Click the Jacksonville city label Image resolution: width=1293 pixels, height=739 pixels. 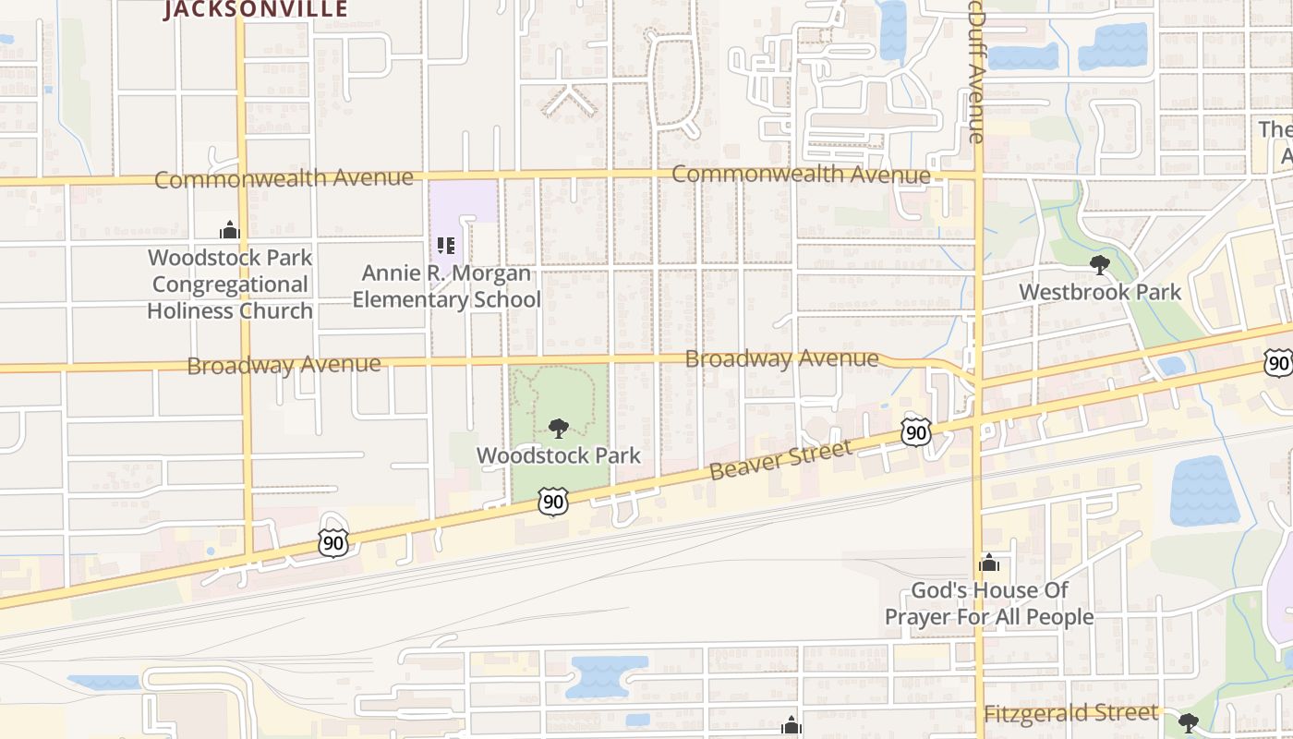coord(256,9)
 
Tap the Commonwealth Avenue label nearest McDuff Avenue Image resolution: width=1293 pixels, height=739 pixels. coord(801,174)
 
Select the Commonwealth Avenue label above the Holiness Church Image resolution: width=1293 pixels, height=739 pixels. coord(284,178)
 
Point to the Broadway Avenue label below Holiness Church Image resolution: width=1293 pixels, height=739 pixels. coord(284,365)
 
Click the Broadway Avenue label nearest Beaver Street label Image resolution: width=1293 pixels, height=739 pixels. coord(781,358)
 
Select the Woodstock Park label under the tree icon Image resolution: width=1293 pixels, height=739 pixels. coord(558,455)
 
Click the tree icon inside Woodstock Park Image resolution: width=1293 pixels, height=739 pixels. coord(558,429)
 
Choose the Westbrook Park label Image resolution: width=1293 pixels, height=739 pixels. coord(1099,292)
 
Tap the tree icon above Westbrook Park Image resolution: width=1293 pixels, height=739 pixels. coord(1099,265)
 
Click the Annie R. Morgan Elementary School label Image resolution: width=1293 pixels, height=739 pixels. coord(446,286)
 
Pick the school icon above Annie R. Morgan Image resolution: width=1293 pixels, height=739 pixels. coord(446,246)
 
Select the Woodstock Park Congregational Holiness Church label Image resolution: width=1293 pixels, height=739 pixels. coord(230,284)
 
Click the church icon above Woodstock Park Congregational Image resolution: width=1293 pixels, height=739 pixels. coord(230,230)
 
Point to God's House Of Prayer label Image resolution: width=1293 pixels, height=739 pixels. coord(989,603)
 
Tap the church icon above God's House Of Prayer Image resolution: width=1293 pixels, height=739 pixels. coord(989,563)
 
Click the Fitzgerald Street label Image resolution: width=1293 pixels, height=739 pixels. coord(1070,713)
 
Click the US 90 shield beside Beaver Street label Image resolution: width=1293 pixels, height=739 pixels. coord(916,430)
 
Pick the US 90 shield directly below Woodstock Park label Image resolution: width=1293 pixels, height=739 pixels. coord(552,502)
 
